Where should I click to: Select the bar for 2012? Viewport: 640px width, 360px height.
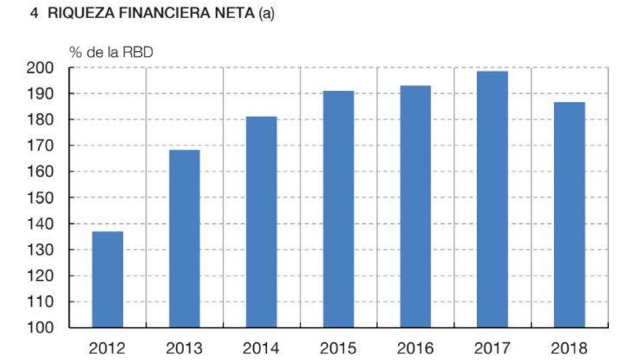[107, 279]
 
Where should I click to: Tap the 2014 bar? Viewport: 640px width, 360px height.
[261, 222]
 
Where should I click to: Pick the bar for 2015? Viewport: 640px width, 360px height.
[338, 209]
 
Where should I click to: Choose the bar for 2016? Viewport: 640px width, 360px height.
[415, 207]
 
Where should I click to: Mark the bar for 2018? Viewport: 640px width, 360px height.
[569, 215]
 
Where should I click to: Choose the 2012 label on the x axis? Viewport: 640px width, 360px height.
[107, 348]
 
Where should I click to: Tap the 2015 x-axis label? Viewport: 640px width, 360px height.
[338, 348]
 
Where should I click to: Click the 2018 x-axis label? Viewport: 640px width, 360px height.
[569, 348]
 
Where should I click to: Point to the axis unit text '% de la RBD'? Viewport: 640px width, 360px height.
[111, 52]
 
